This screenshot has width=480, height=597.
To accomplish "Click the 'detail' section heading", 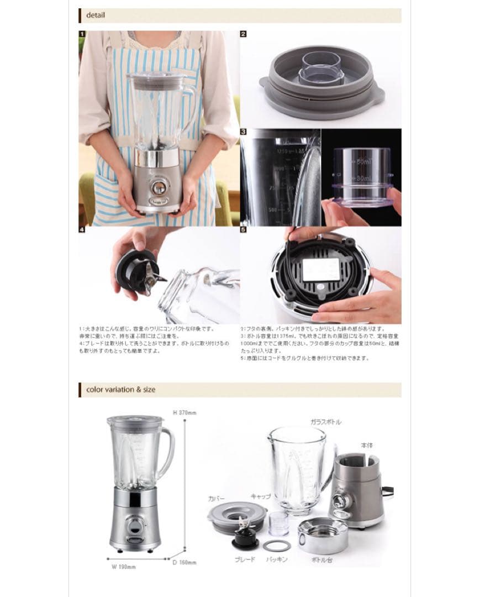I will coord(95,15).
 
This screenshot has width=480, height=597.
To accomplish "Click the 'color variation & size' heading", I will coord(120,389).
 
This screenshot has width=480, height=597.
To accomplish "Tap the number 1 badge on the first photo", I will coord(82,34).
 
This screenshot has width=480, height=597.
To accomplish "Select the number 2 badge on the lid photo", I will coord(243,34).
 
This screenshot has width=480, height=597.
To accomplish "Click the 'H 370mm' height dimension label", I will coord(185,412).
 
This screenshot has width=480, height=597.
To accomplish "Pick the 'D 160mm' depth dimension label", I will coord(187,562).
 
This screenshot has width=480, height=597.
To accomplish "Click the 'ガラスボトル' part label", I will coord(325,422).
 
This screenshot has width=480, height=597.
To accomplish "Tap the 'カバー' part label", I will coord(217,498).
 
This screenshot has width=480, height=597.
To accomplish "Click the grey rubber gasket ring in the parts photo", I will coord(276,545).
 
